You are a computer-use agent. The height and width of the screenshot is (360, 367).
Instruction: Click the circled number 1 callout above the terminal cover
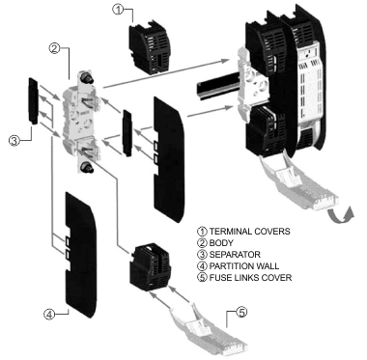[118, 10]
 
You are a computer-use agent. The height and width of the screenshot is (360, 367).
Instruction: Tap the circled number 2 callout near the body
[54, 48]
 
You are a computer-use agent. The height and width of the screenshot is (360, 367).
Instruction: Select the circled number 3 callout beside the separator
[14, 141]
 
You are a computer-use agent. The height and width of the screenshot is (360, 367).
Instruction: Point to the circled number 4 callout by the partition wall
[49, 314]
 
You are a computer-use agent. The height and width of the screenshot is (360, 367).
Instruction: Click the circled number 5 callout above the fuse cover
[241, 312]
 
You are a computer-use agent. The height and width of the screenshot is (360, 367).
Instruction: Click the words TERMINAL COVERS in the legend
[249, 232]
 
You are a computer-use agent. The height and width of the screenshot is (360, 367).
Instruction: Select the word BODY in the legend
[221, 243]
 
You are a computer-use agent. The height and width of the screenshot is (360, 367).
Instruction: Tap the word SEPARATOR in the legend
[235, 255]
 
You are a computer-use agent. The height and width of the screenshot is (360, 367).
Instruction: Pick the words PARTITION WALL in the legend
[244, 266]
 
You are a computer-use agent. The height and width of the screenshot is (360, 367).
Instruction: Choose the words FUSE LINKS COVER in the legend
[250, 277]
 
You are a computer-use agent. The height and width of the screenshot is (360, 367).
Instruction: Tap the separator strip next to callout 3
[34, 100]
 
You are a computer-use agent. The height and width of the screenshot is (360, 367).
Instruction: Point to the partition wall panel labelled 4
[81, 255]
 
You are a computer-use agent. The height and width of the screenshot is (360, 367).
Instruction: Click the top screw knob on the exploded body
[86, 76]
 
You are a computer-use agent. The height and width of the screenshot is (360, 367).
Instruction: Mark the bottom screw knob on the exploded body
[87, 168]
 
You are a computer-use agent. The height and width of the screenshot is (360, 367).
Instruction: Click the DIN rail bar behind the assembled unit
[218, 86]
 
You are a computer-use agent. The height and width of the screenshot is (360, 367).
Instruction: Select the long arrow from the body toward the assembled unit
[166, 73]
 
